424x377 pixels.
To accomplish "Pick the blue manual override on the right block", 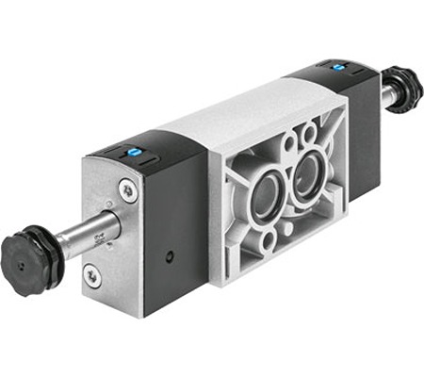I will click(x=337, y=67).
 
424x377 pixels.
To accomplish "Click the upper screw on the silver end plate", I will click(x=127, y=188).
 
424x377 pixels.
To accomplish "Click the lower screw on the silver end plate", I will click(x=90, y=274).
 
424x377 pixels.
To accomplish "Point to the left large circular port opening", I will click(x=266, y=197).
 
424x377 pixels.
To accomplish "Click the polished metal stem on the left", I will click(x=90, y=232).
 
